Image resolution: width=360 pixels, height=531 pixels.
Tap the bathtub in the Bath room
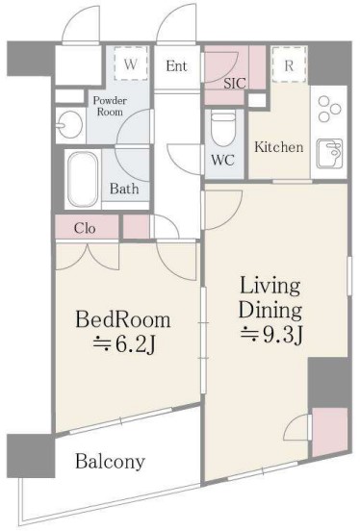(83, 179)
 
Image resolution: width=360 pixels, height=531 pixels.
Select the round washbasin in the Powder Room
(69, 125)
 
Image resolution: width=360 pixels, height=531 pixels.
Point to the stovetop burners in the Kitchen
(329, 110)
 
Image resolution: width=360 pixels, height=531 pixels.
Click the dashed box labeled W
(131, 63)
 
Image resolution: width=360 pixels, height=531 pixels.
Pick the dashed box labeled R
(289, 65)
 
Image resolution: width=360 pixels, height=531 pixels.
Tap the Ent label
(176, 65)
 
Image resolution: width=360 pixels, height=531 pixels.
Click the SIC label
(234, 83)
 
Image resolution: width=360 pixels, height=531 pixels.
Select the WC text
(222, 160)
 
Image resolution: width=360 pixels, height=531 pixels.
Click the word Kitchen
(278, 147)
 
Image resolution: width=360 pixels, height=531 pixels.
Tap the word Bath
(124, 189)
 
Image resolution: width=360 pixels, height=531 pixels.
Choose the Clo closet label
(85, 228)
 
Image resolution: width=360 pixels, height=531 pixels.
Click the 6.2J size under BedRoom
(124, 344)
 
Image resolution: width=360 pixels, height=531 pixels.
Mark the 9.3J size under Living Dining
(271, 336)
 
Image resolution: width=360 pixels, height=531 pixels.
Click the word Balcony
(110, 461)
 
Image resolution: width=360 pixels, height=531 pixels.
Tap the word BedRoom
(122, 319)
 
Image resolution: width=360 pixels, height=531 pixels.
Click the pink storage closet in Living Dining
(329, 433)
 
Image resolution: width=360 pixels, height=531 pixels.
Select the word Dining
(270, 311)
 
